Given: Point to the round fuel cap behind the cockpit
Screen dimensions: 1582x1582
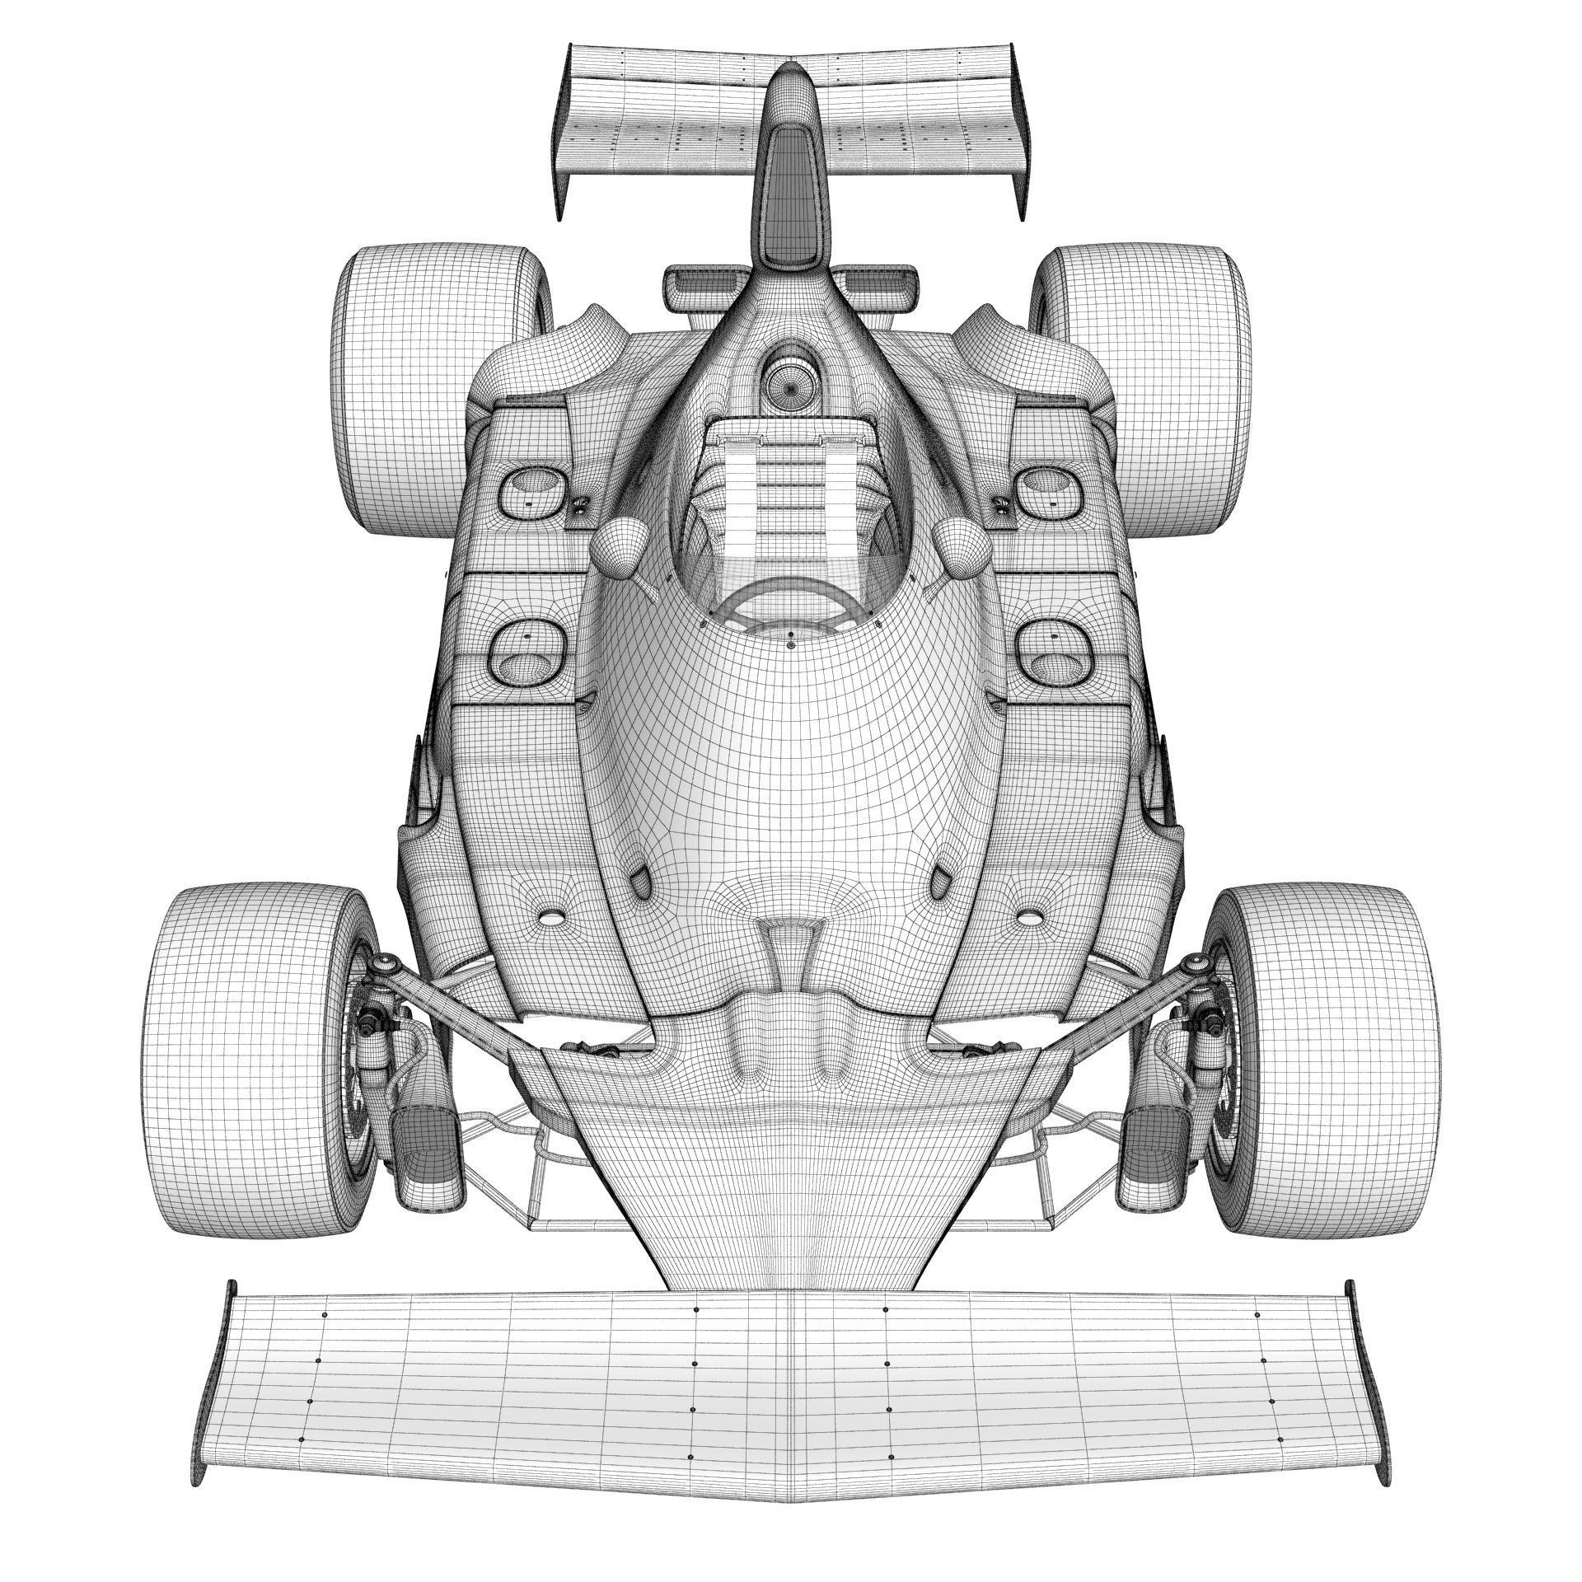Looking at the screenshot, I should (x=789, y=382).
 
